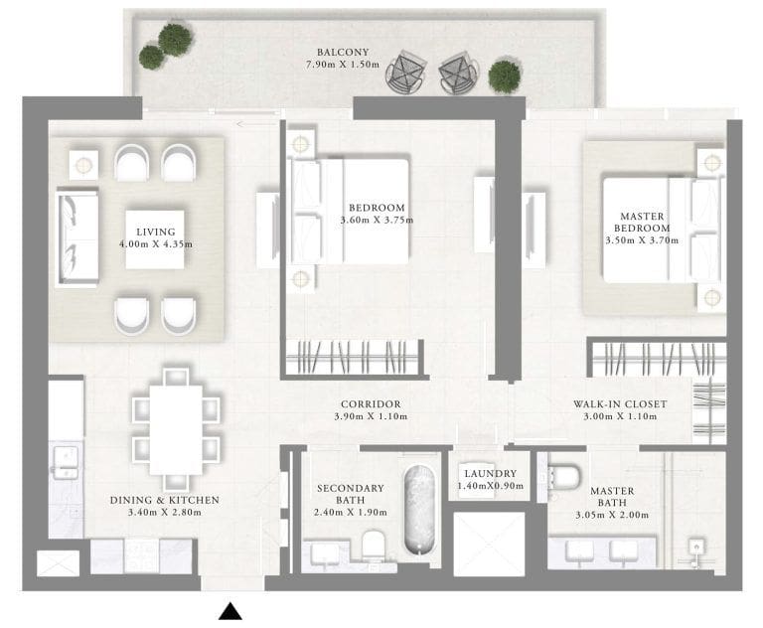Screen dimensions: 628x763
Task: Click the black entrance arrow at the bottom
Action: point(230,611)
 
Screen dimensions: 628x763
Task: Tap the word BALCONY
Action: point(344,52)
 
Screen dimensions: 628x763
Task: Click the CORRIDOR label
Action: point(370,403)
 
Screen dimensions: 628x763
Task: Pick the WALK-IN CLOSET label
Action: point(619,403)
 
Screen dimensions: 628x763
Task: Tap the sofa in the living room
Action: point(76,238)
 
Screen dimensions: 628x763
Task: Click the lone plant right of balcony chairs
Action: point(505,76)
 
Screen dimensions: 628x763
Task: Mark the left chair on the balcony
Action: point(406,73)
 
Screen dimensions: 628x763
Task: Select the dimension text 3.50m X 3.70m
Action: point(643,240)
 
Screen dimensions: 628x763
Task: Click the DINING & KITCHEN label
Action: point(165,500)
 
